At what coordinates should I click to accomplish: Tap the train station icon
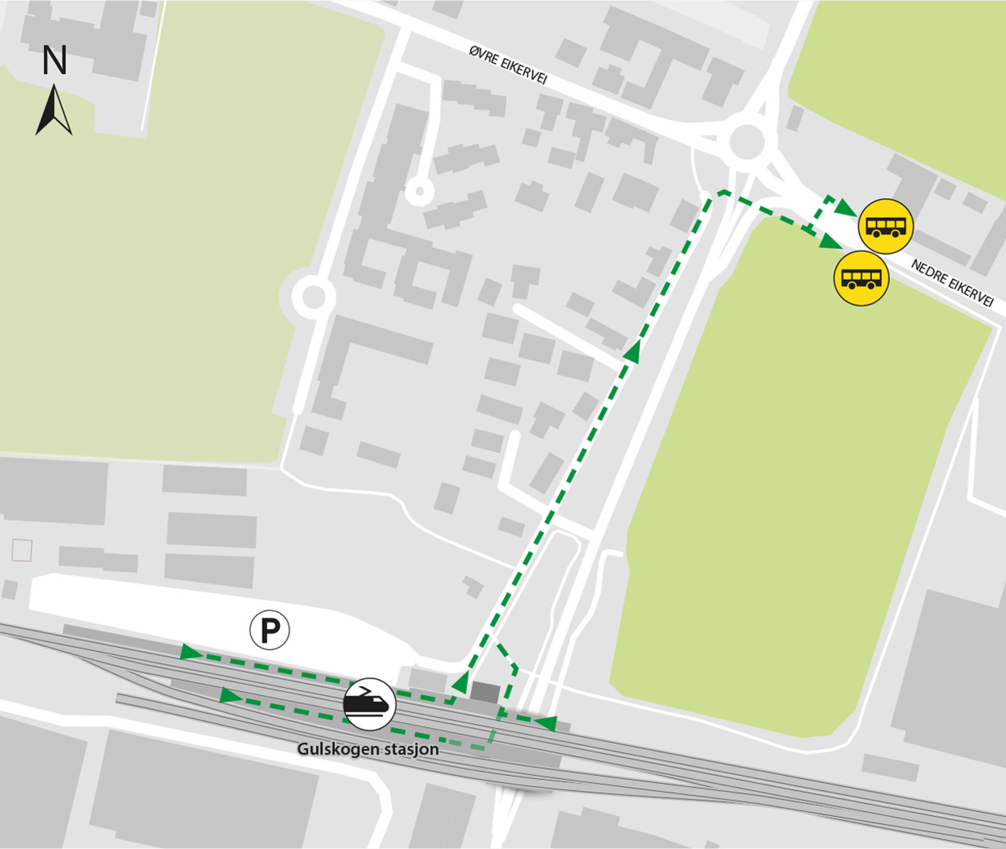[x=370, y=704]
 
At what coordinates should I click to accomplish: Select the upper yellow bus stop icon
[x=885, y=226]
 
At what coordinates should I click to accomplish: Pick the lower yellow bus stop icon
[x=861, y=279]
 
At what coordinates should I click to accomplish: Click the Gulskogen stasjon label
[x=368, y=749]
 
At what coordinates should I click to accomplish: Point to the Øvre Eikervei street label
[x=508, y=65]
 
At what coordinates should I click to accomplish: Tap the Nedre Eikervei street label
[x=951, y=284]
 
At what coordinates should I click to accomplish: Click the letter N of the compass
[x=55, y=61]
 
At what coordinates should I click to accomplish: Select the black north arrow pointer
[x=54, y=111]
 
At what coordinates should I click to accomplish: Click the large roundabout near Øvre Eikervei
[x=747, y=142]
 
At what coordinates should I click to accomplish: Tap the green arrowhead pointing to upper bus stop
[x=846, y=208]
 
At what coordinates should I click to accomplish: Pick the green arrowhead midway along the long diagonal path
[x=633, y=352]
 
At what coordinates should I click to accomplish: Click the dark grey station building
[x=485, y=692]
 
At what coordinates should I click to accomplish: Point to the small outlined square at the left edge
[x=21, y=550]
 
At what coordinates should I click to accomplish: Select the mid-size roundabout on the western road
[x=313, y=296]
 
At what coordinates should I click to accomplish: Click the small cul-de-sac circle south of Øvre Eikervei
[x=419, y=191]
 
